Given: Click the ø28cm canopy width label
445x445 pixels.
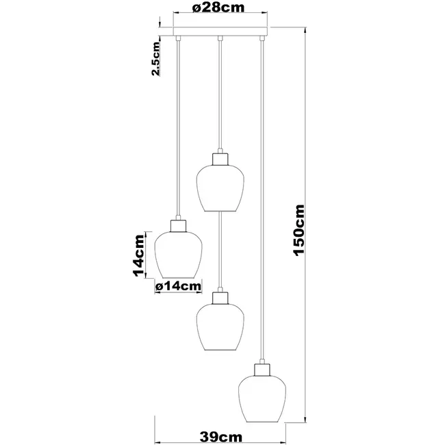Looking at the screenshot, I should click(x=219, y=9).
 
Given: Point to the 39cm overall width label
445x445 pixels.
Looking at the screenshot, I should click(x=219, y=435).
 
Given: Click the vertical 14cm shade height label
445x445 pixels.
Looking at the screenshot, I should click(x=140, y=255).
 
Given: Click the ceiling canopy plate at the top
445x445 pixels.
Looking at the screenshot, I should click(x=219, y=31).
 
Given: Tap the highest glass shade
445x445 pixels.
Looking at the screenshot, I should click(x=219, y=186).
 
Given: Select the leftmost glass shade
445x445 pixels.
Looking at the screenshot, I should click(x=177, y=255).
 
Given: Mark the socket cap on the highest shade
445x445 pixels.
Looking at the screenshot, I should click(x=219, y=158).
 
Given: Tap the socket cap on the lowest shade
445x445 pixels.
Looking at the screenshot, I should click(x=261, y=370).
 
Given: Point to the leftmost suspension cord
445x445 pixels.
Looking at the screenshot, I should click(x=177, y=130).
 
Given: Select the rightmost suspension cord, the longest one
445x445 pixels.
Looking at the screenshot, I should click(x=261, y=205).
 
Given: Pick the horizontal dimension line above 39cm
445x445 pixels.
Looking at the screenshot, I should click(x=219, y=422).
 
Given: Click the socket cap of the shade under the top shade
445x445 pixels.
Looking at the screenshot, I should click(x=219, y=297).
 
